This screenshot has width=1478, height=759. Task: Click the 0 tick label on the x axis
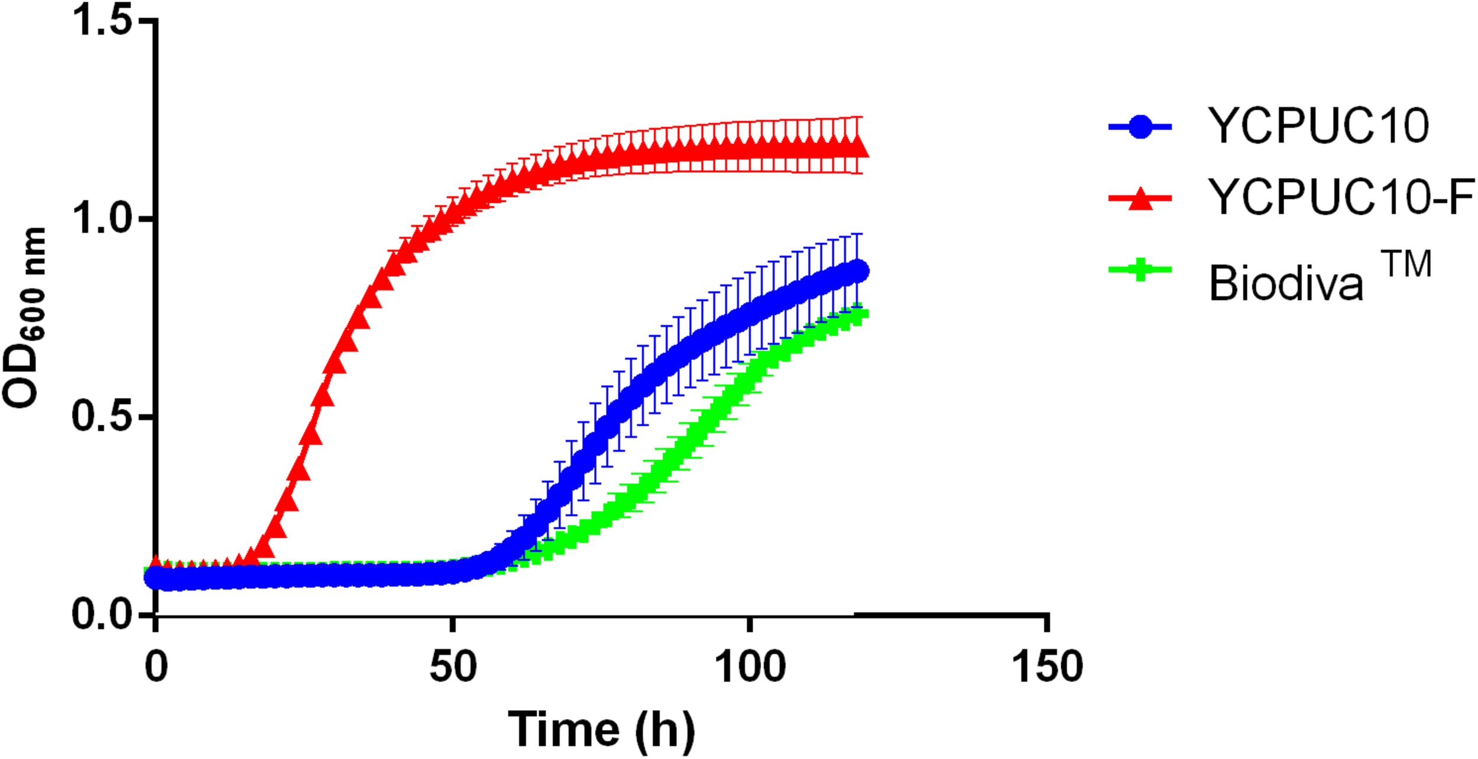[x=156, y=667]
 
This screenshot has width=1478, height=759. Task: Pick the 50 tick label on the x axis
[x=453, y=667]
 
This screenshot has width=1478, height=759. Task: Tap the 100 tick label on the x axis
[x=750, y=667]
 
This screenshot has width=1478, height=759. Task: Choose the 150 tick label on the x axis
[x=1047, y=667]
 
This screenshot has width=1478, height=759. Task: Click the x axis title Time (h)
[x=601, y=730]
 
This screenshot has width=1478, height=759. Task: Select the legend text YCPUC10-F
[x=1341, y=197]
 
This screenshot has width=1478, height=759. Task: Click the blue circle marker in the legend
[x=1140, y=126]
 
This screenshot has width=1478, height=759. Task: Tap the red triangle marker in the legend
[x=1140, y=199]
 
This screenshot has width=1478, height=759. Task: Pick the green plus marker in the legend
[x=1140, y=270]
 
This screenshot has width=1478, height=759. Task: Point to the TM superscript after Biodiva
[x=1406, y=264]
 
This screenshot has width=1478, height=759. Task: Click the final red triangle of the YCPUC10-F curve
[x=857, y=146]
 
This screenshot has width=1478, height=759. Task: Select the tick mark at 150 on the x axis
[x=1047, y=624]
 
